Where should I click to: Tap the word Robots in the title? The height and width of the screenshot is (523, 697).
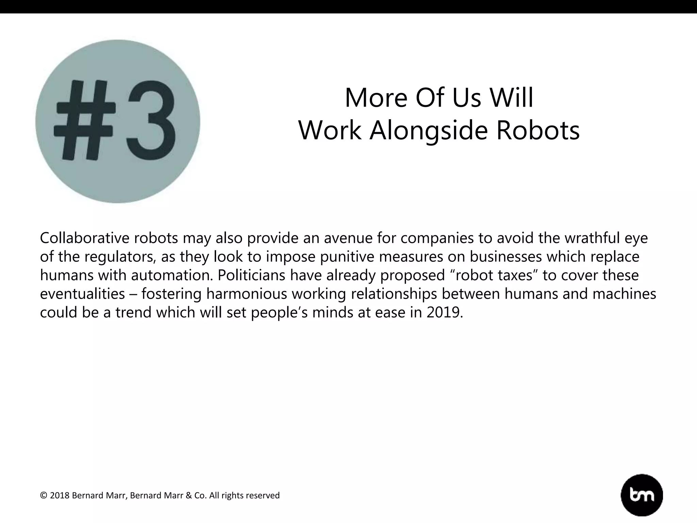tap(538, 130)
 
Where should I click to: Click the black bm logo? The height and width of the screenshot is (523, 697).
tap(642, 495)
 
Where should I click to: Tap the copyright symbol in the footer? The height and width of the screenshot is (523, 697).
tap(44, 495)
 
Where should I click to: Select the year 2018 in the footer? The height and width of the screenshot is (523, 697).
tap(60, 495)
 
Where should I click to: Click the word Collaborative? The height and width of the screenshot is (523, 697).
tap(84, 238)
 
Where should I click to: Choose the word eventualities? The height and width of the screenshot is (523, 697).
tap(82, 294)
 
